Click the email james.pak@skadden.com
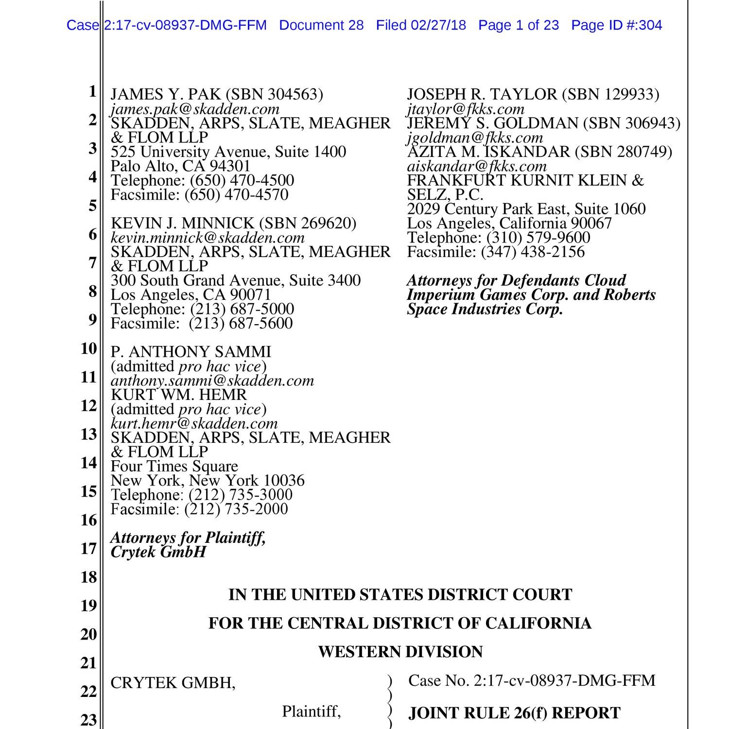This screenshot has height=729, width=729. (x=195, y=109)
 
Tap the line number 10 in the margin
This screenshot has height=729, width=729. (x=89, y=348)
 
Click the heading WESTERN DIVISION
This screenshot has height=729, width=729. (x=400, y=652)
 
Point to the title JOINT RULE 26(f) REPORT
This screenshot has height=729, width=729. (x=514, y=713)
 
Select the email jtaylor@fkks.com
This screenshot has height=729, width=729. (x=466, y=109)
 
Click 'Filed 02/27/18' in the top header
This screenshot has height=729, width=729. (x=421, y=25)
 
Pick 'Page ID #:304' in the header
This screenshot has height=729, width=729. (x=616, y=25)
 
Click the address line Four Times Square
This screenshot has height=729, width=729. (x=174, y=467)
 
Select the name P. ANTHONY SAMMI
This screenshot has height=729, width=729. (x=191, y=352)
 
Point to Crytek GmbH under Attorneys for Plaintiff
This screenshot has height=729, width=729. (x=158, y=552)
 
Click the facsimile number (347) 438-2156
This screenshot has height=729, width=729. (x=533, y=252)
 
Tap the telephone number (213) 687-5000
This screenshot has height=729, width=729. (x=242, y=310)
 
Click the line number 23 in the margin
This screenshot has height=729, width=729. (x=89, y=719)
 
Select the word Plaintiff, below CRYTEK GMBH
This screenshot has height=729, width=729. (x=311, y=712)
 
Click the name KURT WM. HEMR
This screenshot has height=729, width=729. (x=178, y=395)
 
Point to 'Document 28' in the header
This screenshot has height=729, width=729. (x=321, y=25)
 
